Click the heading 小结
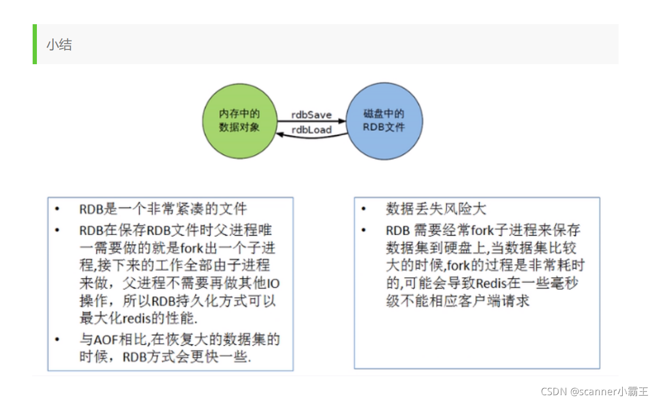click(58, 45)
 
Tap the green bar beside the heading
click(34, 44)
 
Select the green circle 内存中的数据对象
click(239, 121)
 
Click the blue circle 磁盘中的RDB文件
click(384, 121)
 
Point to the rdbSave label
click(311, 114)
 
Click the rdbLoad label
click(311, 129)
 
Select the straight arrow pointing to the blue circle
click(311, 121)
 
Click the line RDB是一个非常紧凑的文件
click(163, 209)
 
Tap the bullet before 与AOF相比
click(57, 340)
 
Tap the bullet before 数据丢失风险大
click(363, 209)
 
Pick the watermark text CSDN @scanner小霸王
click(594, 392)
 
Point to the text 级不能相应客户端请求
click(457, 301)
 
